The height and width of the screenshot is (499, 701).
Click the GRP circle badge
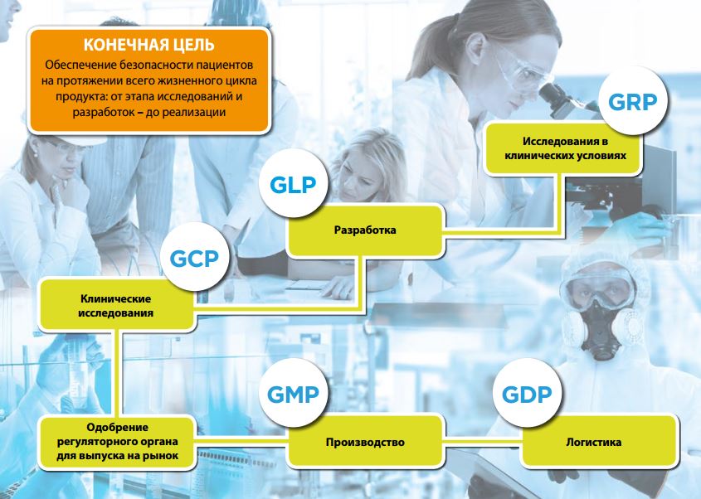pyautogui.click(x=633, y=101)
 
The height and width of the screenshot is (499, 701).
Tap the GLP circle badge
pyautogui.click(x=294, y=184)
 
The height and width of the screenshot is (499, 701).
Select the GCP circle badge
pyautogui.click(x=194, y=258)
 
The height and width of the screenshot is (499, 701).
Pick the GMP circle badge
pyautogui.click(x=294, y=393)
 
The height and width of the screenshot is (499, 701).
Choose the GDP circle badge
pyautogui.click(x=527, y=393)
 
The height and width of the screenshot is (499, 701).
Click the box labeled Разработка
pyautogui.click(x=365, y=230)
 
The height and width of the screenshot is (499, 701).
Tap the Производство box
pyautogui.click(x=365, y=442)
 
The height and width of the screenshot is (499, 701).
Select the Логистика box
pyautogui.click(x=599, y=442)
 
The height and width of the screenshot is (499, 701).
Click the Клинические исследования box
pyautogui.click(x=116, y=305)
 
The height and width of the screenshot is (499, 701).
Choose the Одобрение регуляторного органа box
pyautogui.click(x=117, y=442)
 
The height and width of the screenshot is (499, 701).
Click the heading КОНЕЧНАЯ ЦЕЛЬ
pyautogui.click(x=148, y=45)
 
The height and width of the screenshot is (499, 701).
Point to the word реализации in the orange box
pyautogui.click(x=194, y=112)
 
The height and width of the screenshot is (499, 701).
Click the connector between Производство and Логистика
pyautogui.click(x=482, y=442)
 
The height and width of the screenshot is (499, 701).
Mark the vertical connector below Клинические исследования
pyautogui.click(x=117, y=374)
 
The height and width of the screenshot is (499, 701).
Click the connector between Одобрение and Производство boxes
pyautogui.click(x=241, y=442)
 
